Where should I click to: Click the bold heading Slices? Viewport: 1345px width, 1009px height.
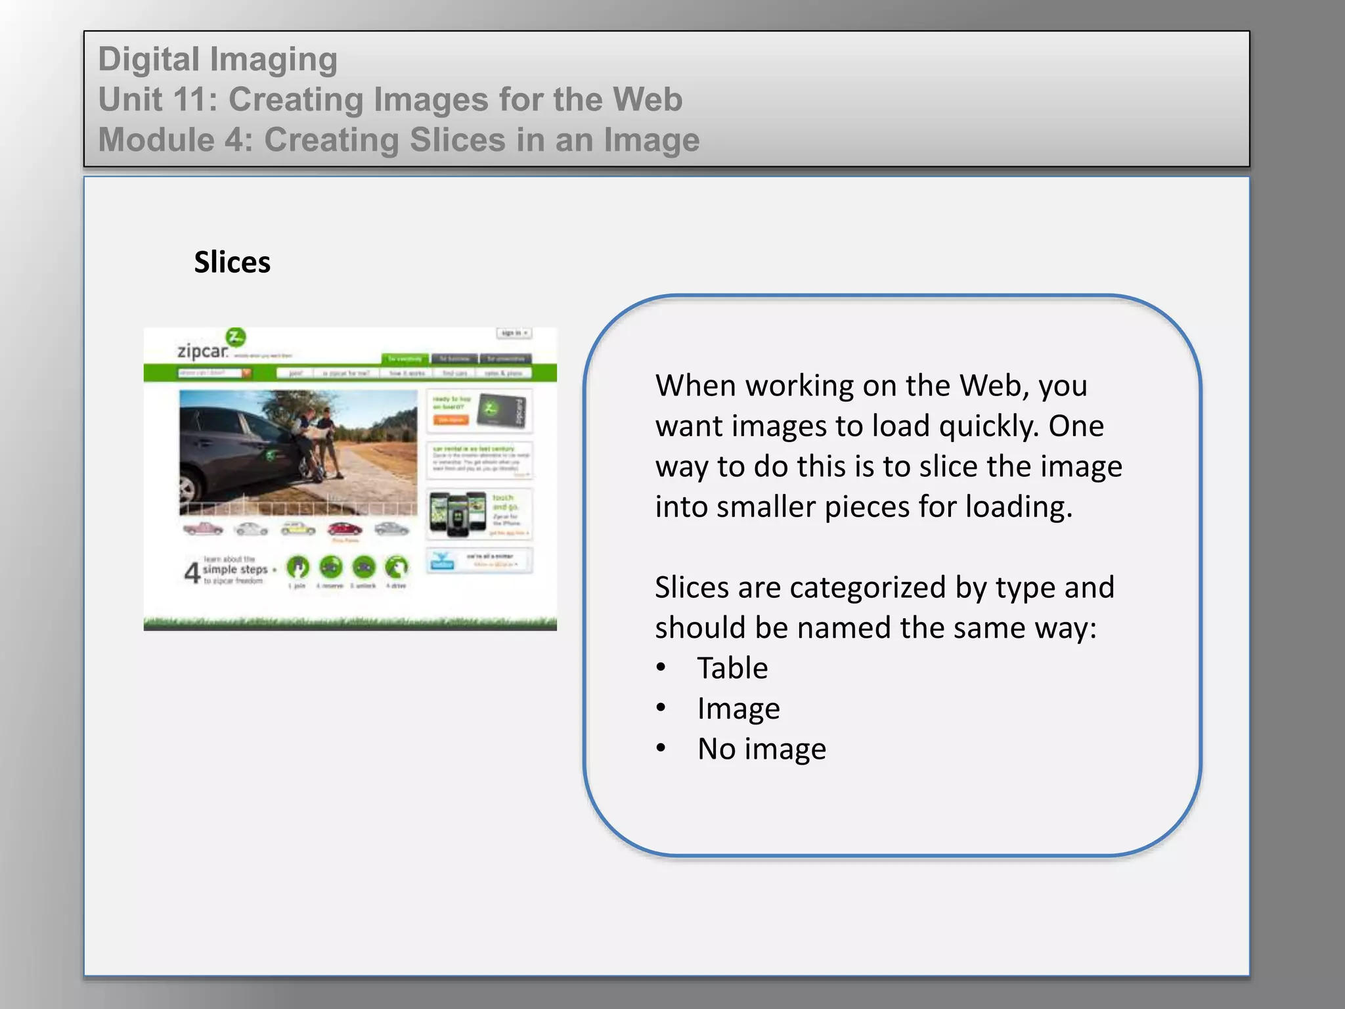pyautogui.click(x=232, y=262)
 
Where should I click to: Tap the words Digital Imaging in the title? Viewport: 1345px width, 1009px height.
pyautogui.click(x=217, y=59)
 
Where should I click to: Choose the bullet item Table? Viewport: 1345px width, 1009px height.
pyautogui.click(x=732, y=668)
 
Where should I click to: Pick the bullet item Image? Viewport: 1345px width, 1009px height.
pyautogui.click(x=738, y=709)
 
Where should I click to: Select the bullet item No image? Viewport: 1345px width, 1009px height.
pyautogui.click(x=761, y=749)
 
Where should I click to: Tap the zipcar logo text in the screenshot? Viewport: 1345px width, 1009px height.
pyautogui.click(x=202, y=351)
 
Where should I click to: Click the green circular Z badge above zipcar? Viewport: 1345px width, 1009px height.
pyautogui.click(x=236, y=337)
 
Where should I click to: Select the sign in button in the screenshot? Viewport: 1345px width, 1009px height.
pyautogui.click(x=514, y=333)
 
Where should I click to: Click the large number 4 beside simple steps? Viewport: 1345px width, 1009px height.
pyautogui.click(x=192, y=572)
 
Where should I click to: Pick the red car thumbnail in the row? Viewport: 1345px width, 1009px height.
pyautogui.click(x=344, y=529)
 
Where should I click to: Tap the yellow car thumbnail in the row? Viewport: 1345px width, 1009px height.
pyautogui.click(x=298, y=529)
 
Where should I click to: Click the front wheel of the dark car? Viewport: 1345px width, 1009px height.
pyautogui.click(x=187, y=489)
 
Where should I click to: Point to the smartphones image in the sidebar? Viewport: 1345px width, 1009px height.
pyautogui.click(x=457, y=514)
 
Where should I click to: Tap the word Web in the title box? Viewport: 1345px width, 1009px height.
pyautogui.click(x=647, y=100)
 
